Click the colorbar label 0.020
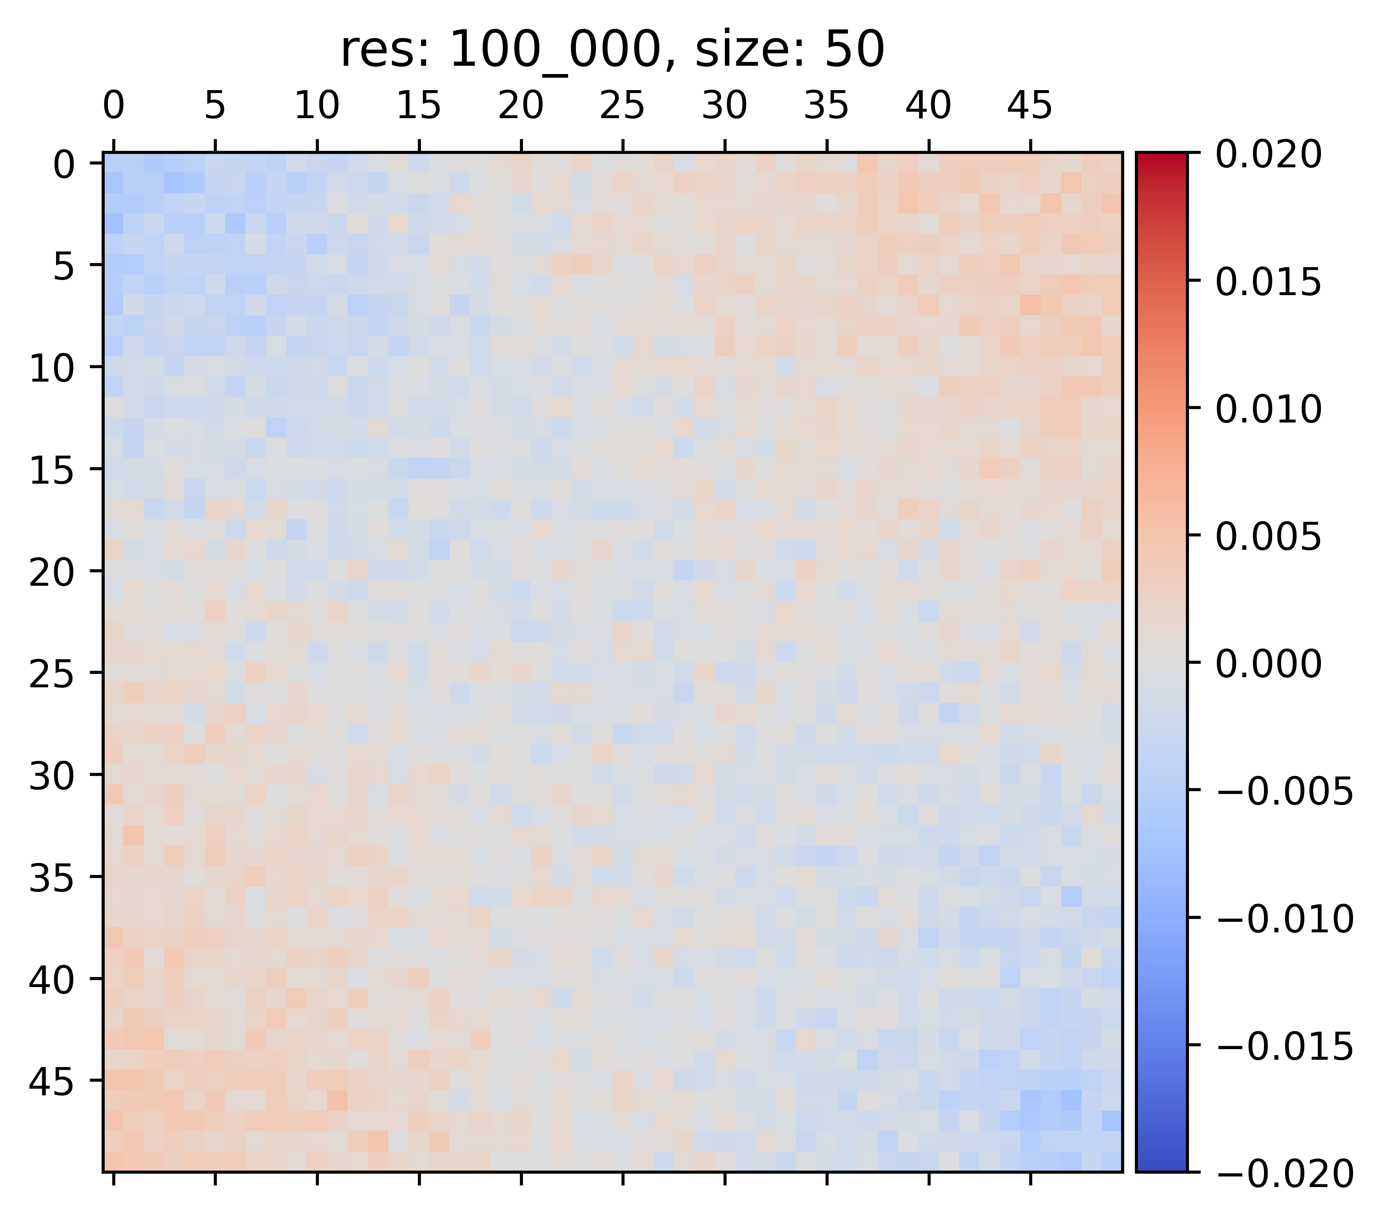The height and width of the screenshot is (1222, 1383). [x=1268, y=155]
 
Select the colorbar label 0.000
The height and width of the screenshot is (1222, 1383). [x=1268, y=664]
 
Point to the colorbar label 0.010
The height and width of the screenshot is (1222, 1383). [x=1268, y=409]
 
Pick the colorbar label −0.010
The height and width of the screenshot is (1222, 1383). [x=1284, y=919]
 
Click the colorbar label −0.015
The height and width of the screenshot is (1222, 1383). [x=1284, y=1046]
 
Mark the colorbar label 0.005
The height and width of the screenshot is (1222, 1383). [x=1268, y=537]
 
